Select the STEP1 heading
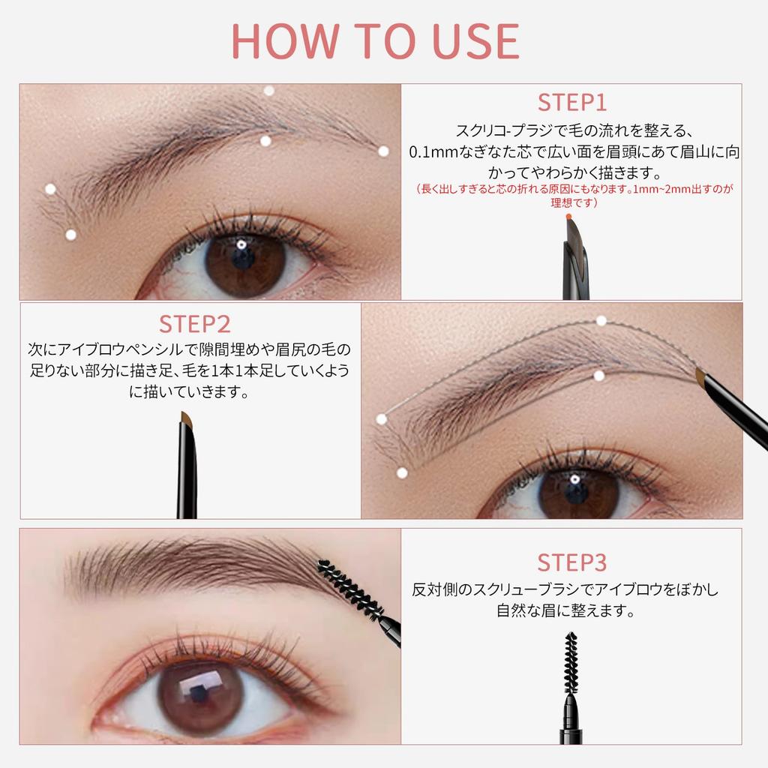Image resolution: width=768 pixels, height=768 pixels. tap(571, 103)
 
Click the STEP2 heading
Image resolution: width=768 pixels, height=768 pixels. tap(194, 324)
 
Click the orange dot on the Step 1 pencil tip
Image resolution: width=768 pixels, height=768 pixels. tap(568, 217)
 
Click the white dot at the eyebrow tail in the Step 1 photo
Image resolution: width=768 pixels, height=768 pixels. tap(383, 151)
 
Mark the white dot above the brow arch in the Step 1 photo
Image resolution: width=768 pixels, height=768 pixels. tap(269, 91)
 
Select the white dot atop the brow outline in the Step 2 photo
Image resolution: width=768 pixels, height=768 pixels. tap(601, 320)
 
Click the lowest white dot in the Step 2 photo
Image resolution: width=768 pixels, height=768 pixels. tap(402, 472)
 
